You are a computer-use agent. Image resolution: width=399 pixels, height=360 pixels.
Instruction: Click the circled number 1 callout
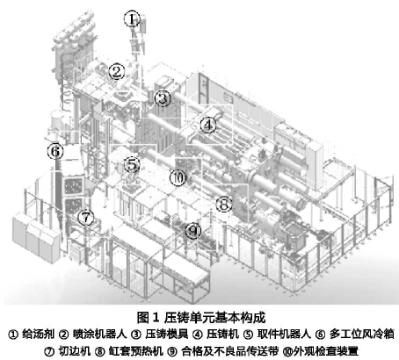click(x=133, y=19)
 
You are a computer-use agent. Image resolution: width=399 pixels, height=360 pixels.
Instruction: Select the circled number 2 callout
click(x=117, y=72)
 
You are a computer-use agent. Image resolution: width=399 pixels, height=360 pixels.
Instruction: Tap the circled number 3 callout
click(x=163, y=98)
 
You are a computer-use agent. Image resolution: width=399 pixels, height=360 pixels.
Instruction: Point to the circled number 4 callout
click(x=208, y=125)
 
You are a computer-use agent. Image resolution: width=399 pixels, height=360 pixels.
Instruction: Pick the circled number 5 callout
click(x=132, y=164)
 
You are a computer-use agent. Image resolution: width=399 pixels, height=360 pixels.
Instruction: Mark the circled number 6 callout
click(x=55, y=151)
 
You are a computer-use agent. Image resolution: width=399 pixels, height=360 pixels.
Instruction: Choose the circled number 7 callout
click(x=85, y=218)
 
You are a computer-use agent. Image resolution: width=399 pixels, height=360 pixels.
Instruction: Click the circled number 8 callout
click(x=224, y=204)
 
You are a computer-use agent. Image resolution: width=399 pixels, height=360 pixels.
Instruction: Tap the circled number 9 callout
click(x=193, y=231)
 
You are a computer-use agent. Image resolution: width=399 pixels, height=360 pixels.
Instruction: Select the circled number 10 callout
click(x=178, y=177)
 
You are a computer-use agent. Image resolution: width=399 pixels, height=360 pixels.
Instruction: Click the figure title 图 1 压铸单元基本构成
click(x=201, y=318)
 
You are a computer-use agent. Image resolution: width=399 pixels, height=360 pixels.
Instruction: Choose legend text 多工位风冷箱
click(x=361, y=334)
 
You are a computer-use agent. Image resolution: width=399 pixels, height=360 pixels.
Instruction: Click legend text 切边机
click(x=75, y=351)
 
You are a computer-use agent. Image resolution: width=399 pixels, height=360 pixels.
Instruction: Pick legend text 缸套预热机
click(x=135, y=351)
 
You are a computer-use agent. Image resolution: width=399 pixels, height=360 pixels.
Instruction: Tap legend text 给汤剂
click(x=38, y=334)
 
